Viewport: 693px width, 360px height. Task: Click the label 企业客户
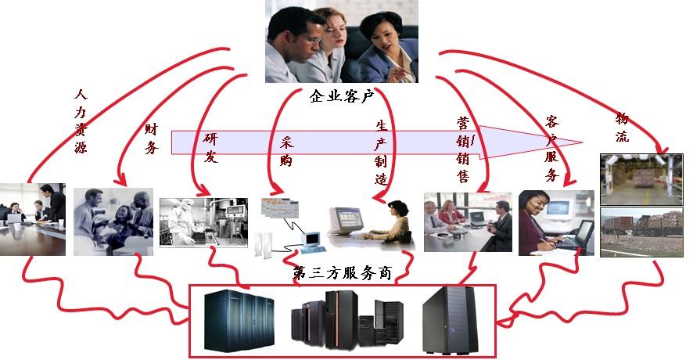(x=342, y=97)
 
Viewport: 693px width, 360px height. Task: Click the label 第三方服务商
(x=342, y=274)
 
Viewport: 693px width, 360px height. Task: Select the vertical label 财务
(x=151, y=138)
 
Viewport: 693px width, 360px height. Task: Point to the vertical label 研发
(x=210, y=147)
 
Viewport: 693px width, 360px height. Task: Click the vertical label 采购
(x=285, y=154)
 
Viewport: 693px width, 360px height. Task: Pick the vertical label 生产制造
(x=381, y=152)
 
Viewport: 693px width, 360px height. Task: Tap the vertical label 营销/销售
(x=464, y=149)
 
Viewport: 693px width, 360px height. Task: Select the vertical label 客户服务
(x=551, y=148)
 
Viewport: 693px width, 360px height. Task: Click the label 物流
(x=623, y=127)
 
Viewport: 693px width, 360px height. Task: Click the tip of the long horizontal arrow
(x=582, y=142)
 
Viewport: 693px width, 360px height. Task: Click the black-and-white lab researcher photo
(x=199, y=222)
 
